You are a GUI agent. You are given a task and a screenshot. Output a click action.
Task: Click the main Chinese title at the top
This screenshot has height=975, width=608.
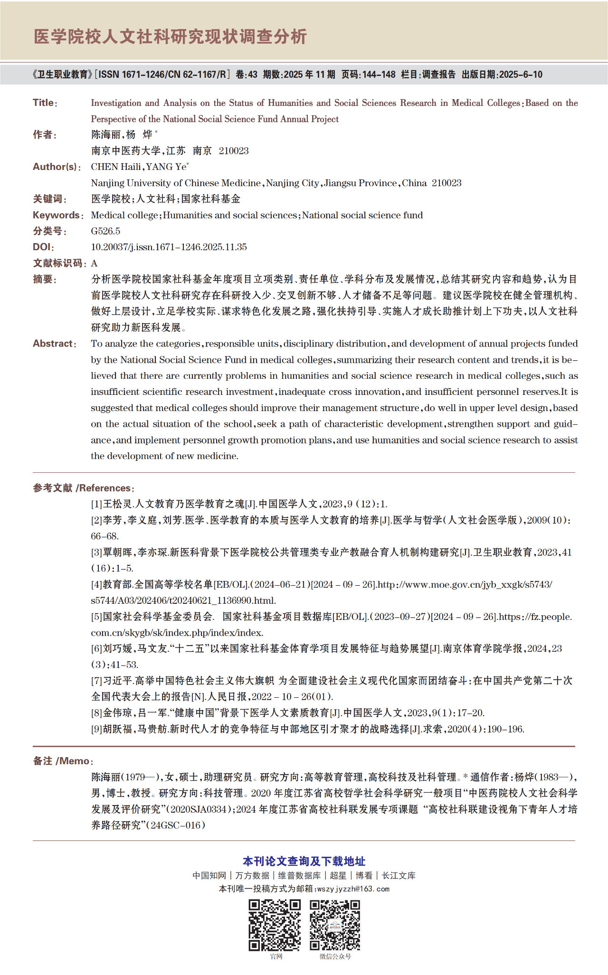171,37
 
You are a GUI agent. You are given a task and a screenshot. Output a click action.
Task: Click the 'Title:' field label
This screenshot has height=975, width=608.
45,103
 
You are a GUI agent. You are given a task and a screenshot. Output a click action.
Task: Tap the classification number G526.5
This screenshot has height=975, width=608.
105,231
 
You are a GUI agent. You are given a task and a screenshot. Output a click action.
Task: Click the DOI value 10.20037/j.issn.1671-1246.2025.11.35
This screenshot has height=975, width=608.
169,247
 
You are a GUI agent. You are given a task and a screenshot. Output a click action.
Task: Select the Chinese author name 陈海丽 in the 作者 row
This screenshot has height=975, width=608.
106,135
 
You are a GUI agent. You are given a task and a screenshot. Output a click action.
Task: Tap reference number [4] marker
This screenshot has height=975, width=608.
97,584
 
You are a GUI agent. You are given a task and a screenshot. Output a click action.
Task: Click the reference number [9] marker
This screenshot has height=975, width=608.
97,729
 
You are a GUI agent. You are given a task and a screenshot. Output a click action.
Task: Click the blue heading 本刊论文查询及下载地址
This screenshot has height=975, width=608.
304,861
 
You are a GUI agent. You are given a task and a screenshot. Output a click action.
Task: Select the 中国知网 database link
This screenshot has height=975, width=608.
209,875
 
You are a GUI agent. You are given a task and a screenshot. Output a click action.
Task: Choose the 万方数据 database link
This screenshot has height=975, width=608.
252,875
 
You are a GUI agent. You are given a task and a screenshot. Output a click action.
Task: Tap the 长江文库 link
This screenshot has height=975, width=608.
399,875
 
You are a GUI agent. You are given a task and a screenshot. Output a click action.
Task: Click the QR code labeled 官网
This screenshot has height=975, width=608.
275,925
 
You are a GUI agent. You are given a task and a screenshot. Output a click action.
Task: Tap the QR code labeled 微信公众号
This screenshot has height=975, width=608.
335,925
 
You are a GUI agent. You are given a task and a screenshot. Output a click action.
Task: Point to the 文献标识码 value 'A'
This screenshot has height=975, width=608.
94,263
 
